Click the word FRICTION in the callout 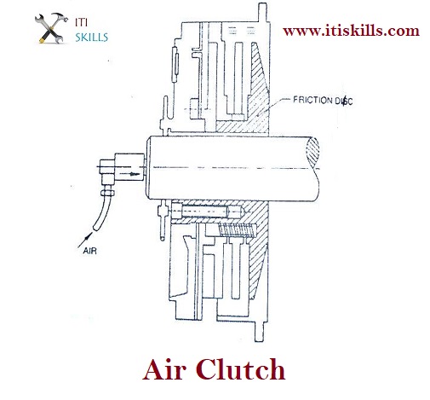point(312,100)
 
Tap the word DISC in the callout point(344,101)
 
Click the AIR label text point(90,251)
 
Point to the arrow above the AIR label point(85,240)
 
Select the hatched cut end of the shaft point(312,152)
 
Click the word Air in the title point(164,369)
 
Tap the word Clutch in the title point(240,369)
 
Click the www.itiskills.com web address point(351,31)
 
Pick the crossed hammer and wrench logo point(51,28)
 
